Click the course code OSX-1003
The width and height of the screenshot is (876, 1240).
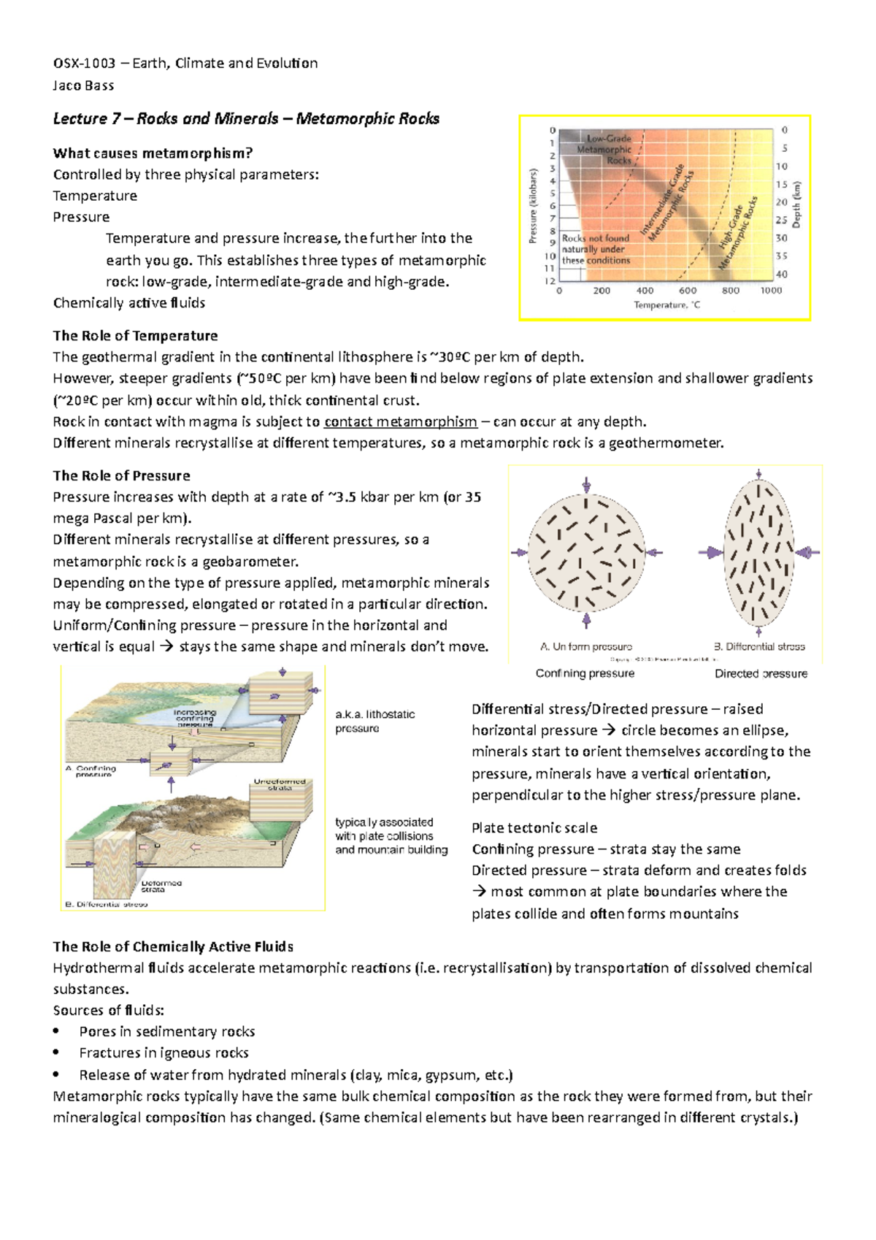(x=84, y=64)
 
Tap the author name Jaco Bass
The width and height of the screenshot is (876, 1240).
(x=83, y=85)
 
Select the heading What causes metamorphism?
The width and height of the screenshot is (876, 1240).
(x=153, y=153)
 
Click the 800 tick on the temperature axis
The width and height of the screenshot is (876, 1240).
(x=730, y=291)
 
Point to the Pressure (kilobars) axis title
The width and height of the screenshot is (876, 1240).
(x=534, y=207)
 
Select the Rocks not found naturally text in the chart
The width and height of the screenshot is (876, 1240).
(x=596, y=249)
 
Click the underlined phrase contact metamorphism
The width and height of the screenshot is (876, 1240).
(x=400, y=422)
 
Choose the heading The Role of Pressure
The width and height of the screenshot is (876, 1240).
(x=121, y=476)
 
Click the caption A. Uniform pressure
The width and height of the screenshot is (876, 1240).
(x=585, y=647)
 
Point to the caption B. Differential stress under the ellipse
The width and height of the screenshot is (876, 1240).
(x=759, y=647)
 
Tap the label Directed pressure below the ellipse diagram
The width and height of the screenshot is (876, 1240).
(x=761, y=674)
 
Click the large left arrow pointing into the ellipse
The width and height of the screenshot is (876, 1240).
(x=710, y=553)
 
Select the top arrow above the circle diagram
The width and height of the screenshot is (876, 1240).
(x=586, y=486)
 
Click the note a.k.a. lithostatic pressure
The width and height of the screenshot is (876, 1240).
(x=374, y=722)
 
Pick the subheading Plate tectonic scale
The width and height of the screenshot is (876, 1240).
(x=534, y=828)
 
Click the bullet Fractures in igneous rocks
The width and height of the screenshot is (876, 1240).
(x=164, y=1053)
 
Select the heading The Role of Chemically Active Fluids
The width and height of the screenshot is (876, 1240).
(x=173, y=947)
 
